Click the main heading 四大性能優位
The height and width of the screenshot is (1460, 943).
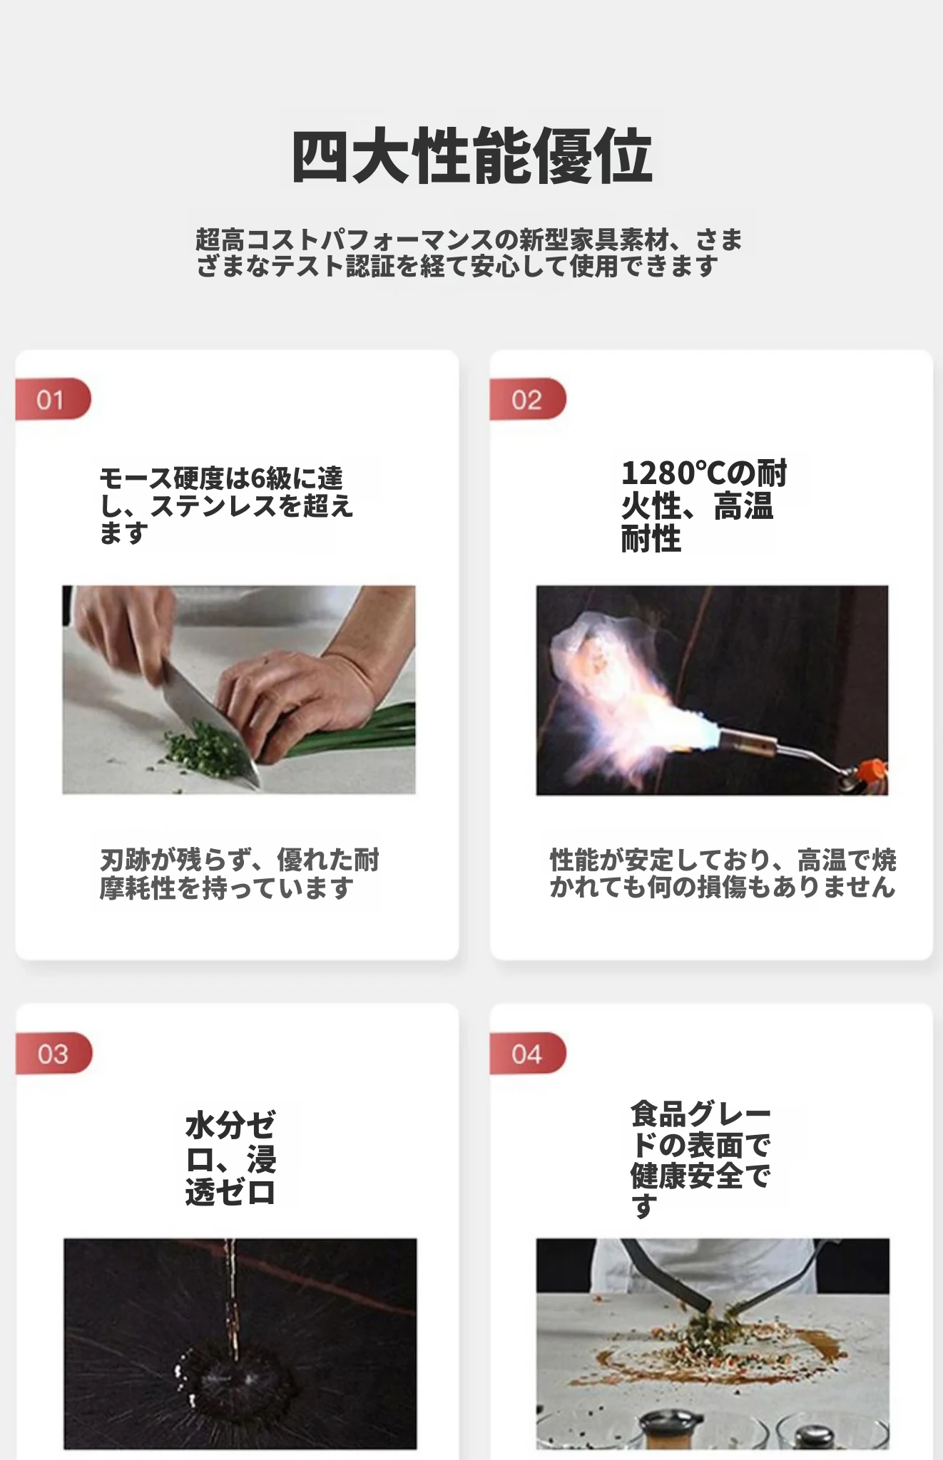[471, 155]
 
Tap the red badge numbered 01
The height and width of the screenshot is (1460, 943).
[53, 399]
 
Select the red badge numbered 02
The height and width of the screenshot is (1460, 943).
[528, 399]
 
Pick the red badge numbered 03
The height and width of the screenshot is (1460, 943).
[53, 1053]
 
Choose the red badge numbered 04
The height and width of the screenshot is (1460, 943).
[528, 1053]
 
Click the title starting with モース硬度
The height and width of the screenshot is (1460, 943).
[226, 505]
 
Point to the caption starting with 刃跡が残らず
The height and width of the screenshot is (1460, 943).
[239, 874]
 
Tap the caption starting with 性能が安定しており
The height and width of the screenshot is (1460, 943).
[723, 873]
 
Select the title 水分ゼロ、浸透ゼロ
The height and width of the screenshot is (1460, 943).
[230, 1159]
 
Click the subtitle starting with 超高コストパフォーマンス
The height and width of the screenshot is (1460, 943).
[469, 252]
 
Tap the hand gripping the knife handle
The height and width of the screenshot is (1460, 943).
[125, 627]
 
